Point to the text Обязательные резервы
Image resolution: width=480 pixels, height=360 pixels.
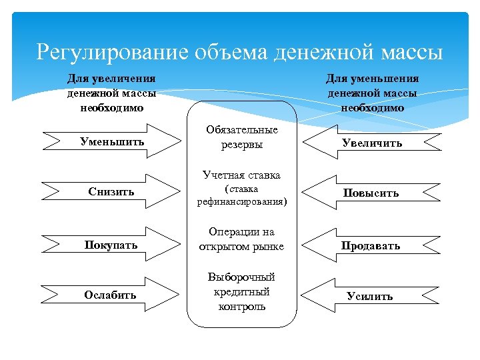coord(242,137)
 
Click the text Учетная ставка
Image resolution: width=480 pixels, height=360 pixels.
coord(242,175)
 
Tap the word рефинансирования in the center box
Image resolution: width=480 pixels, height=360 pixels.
coord(242,201)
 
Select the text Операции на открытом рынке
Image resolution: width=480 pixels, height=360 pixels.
coord(242,239)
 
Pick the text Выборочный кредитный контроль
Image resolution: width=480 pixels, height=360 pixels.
coord(242,291)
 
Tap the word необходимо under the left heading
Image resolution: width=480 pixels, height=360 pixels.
coord(111,107)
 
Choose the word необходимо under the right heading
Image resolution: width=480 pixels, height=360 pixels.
coord(372,107)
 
